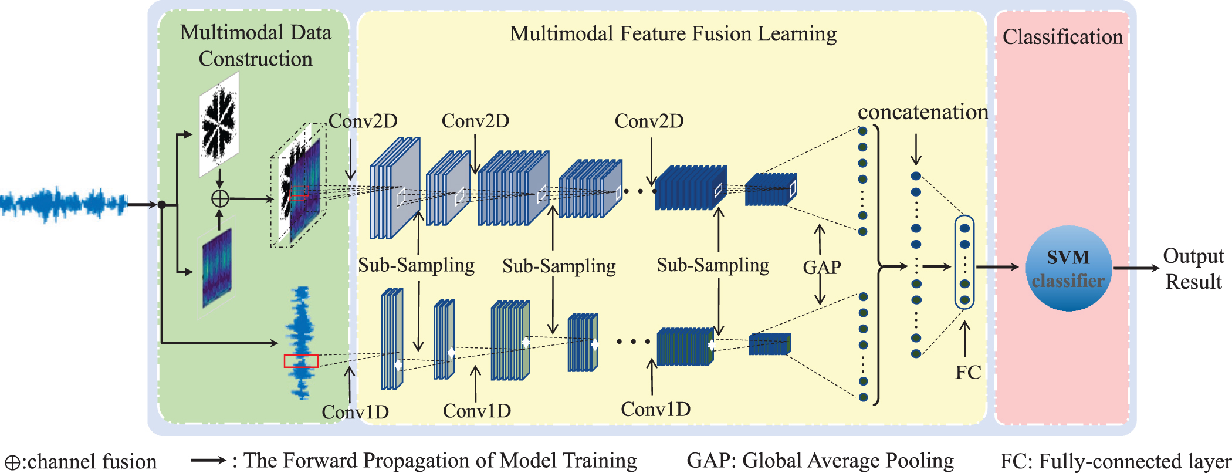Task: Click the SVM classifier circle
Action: [x=1068, y=268]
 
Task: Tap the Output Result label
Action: [x=1193, y=269]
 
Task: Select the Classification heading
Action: [x=1062, y=37]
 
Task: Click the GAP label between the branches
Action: [x=821, y=268]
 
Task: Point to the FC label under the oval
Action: [x=967, y=372]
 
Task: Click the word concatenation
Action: [x=923, y=112]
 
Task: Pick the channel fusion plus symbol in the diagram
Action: [x=219, y=198]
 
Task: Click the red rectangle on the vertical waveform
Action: [x=301, y=361]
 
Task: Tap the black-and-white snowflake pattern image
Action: [x=219, y=123]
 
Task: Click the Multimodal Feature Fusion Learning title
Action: [x=673, y=34]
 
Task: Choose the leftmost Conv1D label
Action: [x=356, y=412]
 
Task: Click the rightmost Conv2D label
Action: [x=649, y=121]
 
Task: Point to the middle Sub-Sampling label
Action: [x=559, y=266]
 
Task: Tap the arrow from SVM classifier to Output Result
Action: [x=1136, y=268]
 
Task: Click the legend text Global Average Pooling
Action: [x=848, y=461]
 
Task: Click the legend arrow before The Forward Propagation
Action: [x=208, y=461]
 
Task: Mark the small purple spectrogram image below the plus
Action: [x=217, y=268]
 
